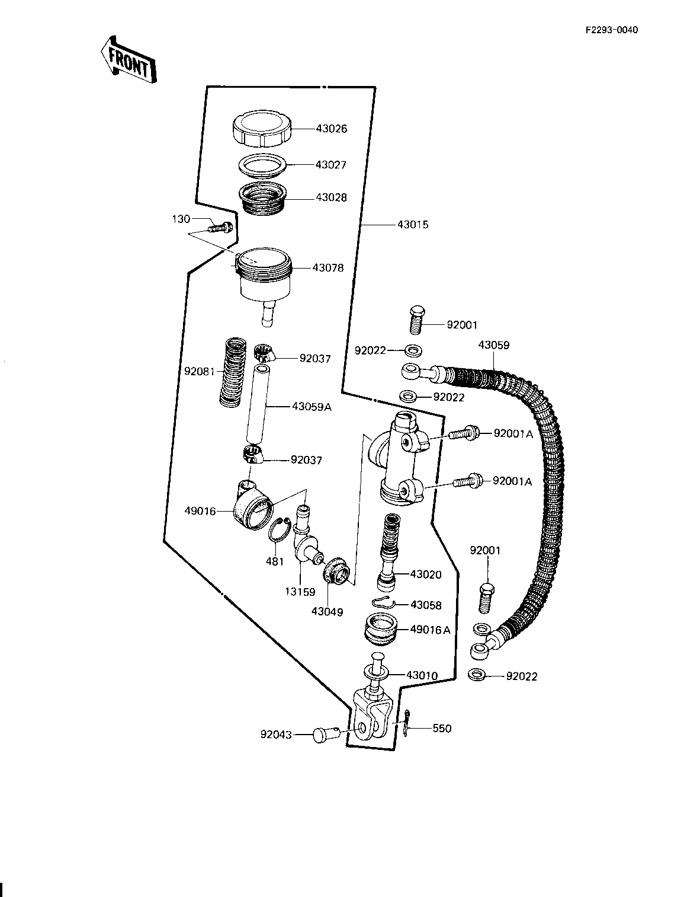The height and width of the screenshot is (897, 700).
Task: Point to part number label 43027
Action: [x=331, y=165]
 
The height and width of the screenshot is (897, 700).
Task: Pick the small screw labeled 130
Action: [x=221, y=226]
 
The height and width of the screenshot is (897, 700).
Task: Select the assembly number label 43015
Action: [x=413, y=225]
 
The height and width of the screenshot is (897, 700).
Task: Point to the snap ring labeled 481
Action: [x=281, y=529]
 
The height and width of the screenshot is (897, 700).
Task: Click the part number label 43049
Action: [x=327, y=612]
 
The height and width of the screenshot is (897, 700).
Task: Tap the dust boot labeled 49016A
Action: [x=379, y=630]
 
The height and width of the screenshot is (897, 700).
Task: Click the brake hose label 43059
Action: [x=493, y=345]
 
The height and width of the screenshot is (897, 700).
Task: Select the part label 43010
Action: [x=422, y=675]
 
